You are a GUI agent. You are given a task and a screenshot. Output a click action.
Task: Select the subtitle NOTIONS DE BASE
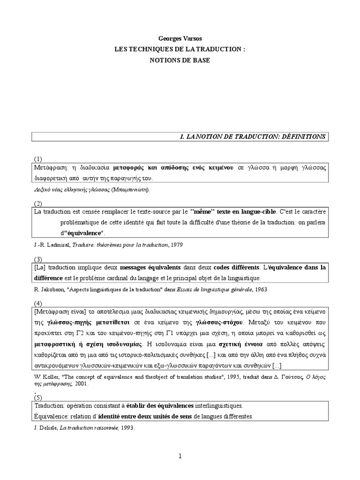pyautogui.click(x=180, y=60)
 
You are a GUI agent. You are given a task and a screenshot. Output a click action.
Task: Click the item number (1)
pyautogui.click(x=38, y=159)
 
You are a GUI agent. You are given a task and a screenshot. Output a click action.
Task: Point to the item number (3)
pyautogui.click(x=38, y=259)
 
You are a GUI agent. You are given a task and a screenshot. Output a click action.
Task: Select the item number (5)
pyautogui.click(x=38, y=397)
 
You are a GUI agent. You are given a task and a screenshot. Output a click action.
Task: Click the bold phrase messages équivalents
pyautogui.click(x=150, y=268)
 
